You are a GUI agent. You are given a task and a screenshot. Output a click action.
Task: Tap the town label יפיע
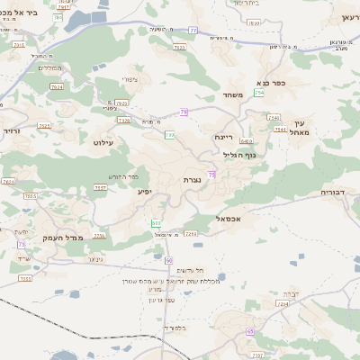click(x=144, y=191)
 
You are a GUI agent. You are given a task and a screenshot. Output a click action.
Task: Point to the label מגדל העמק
click(x=62, y=237)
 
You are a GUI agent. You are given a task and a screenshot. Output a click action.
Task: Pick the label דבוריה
click(x=337, y=193)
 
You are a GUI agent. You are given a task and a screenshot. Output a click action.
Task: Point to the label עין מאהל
click(x=300, y=128)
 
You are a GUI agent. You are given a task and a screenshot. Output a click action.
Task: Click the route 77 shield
click(x=193, y=30)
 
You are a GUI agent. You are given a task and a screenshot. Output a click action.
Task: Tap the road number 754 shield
click(x=259, y=92)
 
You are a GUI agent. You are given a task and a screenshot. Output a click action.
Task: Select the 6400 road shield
click(x=246, y=141)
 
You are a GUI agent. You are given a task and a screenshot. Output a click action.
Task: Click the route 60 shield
click(x=168, y=260)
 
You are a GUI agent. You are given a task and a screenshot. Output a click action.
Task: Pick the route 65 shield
click(x=248, y=332)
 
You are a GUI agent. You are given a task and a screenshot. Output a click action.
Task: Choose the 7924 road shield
click(x=57, y=87)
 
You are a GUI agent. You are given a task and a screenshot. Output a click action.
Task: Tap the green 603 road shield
click(x=157, y=222)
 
